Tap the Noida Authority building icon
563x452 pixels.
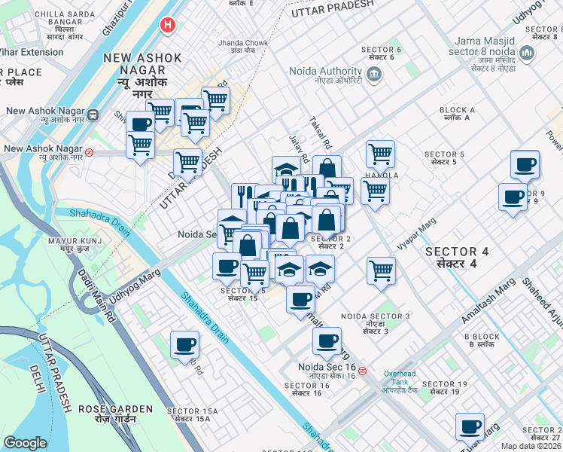coord(374,75)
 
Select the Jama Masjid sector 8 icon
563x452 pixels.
coord(527,54)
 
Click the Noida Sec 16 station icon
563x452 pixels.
coord(363,371)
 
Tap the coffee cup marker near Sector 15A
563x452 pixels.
coord(184,346)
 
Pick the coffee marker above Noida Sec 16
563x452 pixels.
coord(327,341)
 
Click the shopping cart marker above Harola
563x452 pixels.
coord(381,154)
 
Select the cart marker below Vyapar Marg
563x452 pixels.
coord(382,270)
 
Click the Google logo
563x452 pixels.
coord(25,443)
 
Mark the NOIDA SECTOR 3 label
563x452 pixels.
coord(375,321)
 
